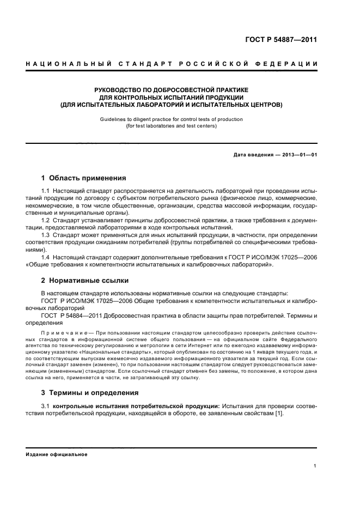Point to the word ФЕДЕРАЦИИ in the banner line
[x=292, y=65]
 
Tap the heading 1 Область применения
[x=84, y=178]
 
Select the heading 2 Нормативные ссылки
[x=85, y=281]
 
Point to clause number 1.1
[x=46, y=192]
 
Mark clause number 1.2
[x=46, y=220]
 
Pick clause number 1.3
[x=46, y=234]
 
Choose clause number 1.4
[x=46, y=257]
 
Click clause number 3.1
[x=46, y=406]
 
